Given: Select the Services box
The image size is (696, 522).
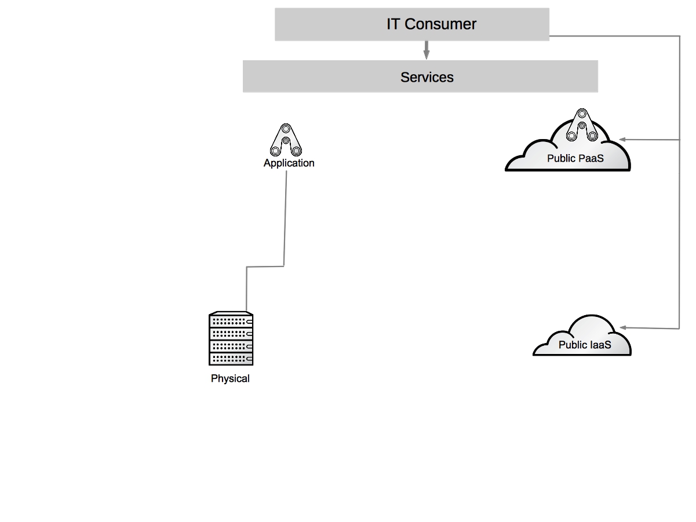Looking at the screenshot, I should [420, 77].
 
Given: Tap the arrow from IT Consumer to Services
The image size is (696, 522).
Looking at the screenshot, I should [427, 50].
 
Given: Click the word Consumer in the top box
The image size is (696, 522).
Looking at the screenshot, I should [440, 24].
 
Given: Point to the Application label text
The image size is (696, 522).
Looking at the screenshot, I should [289, 163].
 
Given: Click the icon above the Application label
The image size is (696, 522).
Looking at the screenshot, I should [286, 140].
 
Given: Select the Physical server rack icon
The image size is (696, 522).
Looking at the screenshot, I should [231, 339].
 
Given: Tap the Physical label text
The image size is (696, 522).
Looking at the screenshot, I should [230, 379].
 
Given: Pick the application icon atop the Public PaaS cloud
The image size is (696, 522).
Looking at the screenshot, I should [581, 125].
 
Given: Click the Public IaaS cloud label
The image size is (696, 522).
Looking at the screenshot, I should [585, 345].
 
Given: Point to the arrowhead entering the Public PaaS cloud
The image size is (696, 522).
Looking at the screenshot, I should [622, 140].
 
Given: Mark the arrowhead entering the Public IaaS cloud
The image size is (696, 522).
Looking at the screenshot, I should [622, 328].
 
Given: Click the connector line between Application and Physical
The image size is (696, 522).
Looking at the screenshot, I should [285, 220].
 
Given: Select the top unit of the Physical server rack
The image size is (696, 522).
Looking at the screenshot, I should [231, 320].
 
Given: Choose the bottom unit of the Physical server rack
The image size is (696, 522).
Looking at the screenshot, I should [231, 359].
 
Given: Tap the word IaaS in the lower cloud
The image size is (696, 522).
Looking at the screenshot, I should [601, 345].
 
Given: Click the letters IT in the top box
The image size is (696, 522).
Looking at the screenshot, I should [393, 24].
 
